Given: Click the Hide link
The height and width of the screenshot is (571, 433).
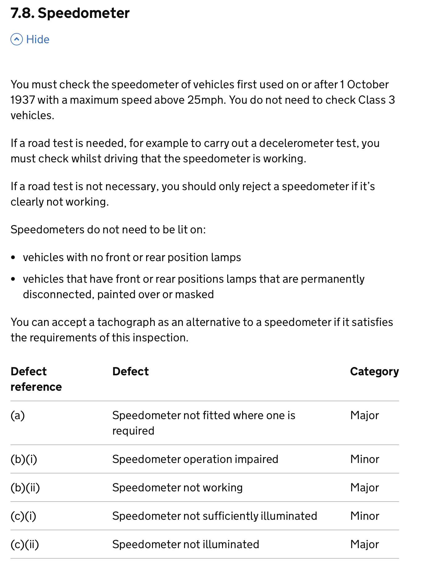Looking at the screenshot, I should [x=38, y=40].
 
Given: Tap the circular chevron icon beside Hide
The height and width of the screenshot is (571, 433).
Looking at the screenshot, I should [x=17, y=40].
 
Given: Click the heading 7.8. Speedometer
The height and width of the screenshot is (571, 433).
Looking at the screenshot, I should [x=70, y=13].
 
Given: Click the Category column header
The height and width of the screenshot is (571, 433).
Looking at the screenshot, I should [x=374, y=372].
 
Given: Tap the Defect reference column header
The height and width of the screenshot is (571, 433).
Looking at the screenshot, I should [x=36, y=379].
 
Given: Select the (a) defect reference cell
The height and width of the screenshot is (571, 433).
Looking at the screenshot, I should [x=18, y=415].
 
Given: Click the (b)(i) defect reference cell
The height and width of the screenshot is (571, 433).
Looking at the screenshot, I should [x=24, y=459].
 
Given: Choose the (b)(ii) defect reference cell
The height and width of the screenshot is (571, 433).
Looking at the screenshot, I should [x=25, y=488].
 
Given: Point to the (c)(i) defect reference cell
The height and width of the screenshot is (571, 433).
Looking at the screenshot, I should [x=23, y=516].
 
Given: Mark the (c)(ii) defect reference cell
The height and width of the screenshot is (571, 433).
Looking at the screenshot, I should [x=25, y=544].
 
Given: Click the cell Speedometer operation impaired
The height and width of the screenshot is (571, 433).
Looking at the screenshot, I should [x=195, y=459].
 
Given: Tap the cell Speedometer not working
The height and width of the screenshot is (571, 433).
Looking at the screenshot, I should [x=177, y=488].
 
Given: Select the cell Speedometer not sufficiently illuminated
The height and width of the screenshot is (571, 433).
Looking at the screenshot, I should [x=214, y=516].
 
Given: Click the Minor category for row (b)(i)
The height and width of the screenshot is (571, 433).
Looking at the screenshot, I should [x=365, y=459].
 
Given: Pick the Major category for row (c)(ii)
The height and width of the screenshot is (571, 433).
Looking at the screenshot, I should [x=364, y=544].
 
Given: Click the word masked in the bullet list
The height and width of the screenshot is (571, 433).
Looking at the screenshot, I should [x=194, y=294].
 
